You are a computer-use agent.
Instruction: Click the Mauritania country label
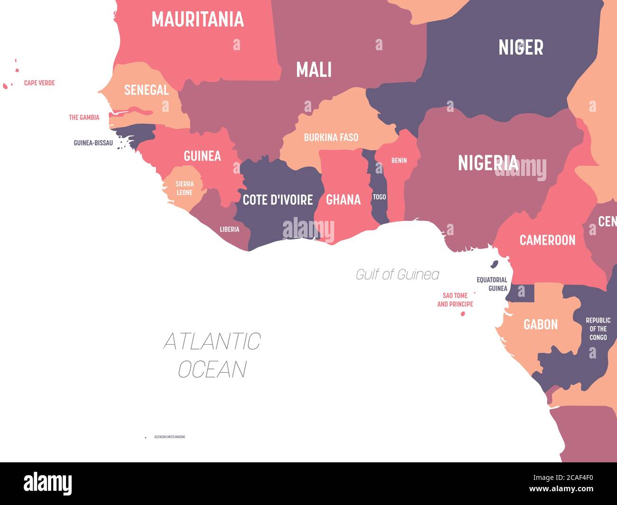(197, 19)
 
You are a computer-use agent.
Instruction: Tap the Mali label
(314, 70)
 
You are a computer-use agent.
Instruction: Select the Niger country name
(521, 47)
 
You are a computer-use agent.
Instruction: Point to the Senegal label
(146, 90)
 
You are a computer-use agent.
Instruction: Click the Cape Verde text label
(39, 83)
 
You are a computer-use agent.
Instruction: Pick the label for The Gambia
(84, 117)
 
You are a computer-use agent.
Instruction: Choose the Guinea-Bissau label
(93, 143)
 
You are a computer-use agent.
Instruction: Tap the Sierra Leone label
(184, 188)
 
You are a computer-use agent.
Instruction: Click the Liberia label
(229, 230)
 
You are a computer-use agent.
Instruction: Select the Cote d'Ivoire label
(278, 200)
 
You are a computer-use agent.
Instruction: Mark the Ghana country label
(343, 200)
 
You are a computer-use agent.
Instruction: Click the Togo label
(379, 197)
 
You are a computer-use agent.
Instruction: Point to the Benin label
(399, 161)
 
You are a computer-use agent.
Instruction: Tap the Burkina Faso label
(331, 138)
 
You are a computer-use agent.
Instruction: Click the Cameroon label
(547, 240)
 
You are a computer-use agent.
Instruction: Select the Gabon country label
(540, 324)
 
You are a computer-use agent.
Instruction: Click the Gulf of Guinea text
(397, 275)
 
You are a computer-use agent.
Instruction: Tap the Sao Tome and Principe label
(455, 300)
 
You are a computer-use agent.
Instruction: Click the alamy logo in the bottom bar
(48, 484)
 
